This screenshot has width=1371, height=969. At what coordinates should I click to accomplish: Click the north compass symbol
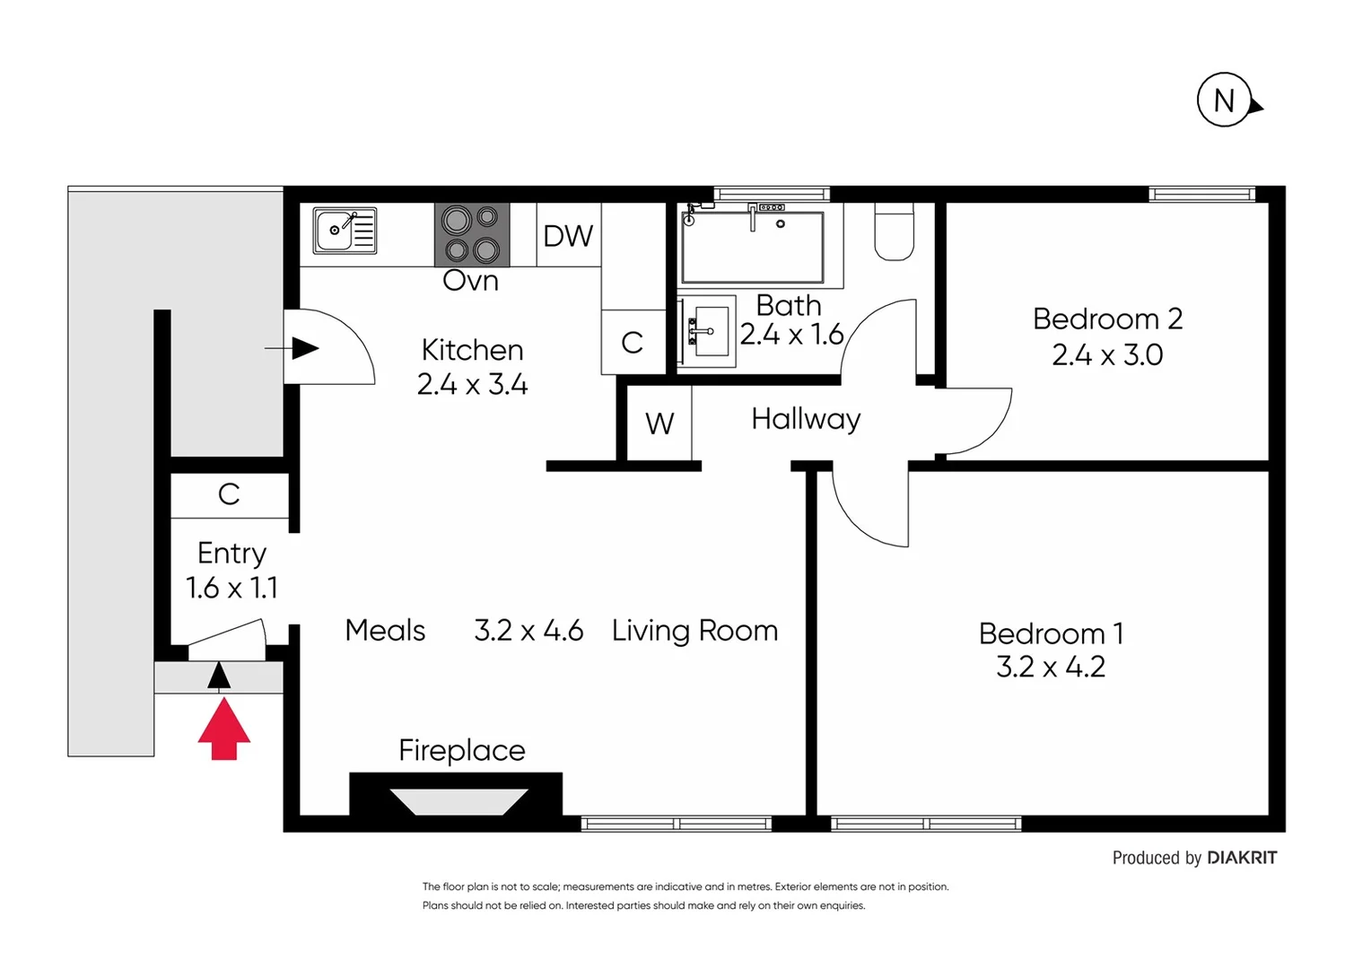1226,100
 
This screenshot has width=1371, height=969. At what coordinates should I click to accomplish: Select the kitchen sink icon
345,231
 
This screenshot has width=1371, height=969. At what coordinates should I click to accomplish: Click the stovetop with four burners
472,235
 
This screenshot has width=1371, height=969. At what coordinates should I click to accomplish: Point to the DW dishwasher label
568,236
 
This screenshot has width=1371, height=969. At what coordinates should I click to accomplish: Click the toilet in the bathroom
894,233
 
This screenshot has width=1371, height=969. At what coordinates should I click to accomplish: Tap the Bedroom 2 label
1107,319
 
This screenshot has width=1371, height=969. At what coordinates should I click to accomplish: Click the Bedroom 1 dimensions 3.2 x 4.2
1051,667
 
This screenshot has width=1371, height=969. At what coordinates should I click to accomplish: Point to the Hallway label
806,419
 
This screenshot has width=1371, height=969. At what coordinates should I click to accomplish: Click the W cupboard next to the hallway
659,423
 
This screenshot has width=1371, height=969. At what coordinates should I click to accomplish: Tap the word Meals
385,631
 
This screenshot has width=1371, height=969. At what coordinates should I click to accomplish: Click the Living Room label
694,631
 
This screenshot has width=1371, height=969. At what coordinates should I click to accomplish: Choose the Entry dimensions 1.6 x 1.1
231,588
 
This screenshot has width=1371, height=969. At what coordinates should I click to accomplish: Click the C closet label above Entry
229,494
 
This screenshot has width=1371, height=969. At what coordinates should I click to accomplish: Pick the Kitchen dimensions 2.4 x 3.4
472,385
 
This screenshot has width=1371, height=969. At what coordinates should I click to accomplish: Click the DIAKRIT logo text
1242,858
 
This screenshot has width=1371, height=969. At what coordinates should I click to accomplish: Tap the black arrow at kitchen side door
304,348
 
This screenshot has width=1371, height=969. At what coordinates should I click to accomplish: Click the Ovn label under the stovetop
470,281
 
